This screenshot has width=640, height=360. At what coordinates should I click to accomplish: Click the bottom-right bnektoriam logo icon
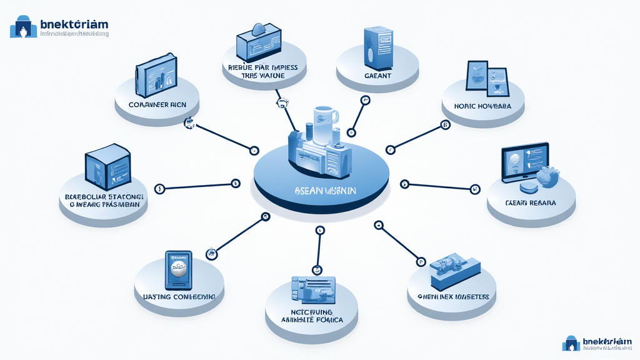click(571, 342)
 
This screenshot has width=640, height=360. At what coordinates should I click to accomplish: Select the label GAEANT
click(377, 76)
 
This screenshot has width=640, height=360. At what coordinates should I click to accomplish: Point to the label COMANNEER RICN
click(157, 104)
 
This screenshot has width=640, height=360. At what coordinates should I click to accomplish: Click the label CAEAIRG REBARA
click(531, 204)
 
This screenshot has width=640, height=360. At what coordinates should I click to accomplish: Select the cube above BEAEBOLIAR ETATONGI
click(107, 166)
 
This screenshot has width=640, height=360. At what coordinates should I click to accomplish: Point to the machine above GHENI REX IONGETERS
click(454, 267)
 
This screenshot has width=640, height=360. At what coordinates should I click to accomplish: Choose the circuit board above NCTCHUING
click(312, 289)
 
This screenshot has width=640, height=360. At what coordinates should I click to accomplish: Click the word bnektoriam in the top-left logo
click(74, 24)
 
